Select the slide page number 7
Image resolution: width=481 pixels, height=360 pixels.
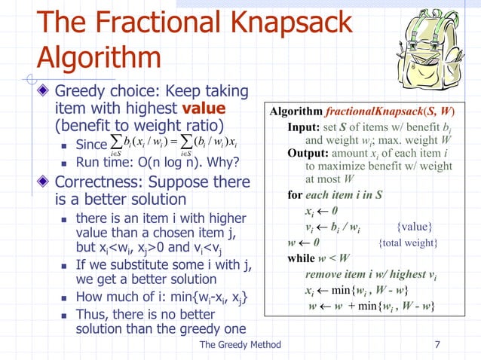point(438,344)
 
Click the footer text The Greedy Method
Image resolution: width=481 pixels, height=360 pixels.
point(240,344)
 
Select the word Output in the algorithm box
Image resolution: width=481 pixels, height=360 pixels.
point(308,153)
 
